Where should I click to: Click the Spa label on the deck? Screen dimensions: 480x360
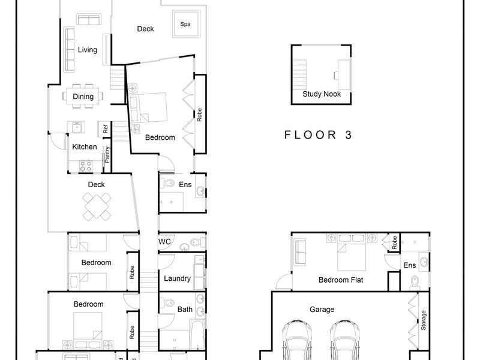click(185, 24)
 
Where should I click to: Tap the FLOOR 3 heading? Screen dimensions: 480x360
click(318, 134)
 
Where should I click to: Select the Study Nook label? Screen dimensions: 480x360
click(322, 94)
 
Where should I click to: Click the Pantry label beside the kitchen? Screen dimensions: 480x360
click(107, 155)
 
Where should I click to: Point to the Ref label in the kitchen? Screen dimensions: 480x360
click(106, 129)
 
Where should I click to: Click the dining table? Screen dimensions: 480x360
click(83, 97)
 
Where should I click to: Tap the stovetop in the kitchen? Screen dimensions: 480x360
click(85, 167)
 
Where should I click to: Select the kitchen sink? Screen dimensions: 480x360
click(76, 127)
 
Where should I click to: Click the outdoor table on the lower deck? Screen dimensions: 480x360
click(97, 206)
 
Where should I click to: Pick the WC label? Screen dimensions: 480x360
click(164, 242)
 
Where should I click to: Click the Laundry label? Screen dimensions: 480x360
click(177, 278)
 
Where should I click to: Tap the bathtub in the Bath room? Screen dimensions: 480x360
click(197, 335)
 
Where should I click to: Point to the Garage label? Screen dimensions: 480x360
click(322, 310)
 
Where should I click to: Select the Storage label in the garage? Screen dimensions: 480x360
click(424, 320)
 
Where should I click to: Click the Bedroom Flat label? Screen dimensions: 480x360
click(341, 280)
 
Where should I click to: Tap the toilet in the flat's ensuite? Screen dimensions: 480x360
click(415, 281)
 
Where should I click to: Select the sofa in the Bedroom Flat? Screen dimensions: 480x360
click(300, 253)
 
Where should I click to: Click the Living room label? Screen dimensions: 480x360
click(88, 50)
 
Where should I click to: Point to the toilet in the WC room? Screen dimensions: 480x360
click(196, 242)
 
